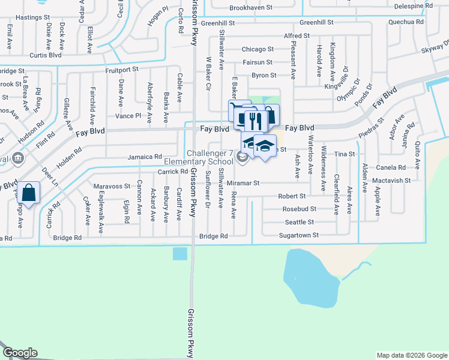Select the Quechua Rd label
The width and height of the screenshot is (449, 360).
pos(406,22)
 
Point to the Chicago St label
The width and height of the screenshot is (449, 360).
pos(258,49)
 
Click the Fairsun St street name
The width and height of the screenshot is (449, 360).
pos(258,62)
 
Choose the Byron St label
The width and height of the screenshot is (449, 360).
pos(264,76)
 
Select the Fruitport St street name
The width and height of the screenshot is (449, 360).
pos(121,69)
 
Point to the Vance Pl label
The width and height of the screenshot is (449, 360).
pos(128,115)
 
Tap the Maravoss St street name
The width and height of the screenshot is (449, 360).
pos(111,186)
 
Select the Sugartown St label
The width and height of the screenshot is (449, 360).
pos(298,236)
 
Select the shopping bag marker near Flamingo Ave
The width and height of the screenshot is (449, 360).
pos(28,193)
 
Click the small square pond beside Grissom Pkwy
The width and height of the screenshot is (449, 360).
pos(179,254)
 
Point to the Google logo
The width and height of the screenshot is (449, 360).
pos(20,353)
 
